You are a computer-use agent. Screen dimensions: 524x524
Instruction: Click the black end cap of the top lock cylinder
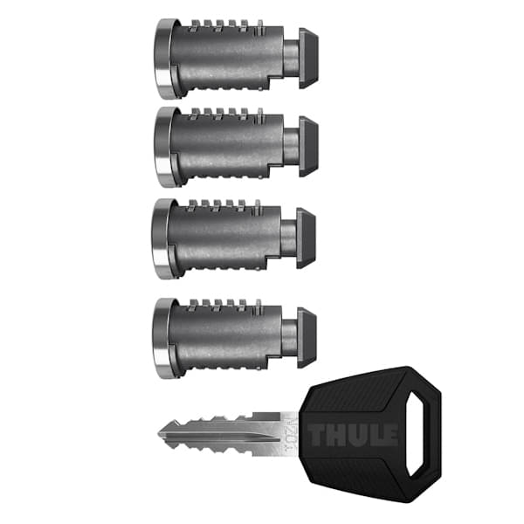pos(308,58)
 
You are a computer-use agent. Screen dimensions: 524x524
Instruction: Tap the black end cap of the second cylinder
pos(308,146)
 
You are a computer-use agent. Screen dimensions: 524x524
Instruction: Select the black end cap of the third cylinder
pos(306,237)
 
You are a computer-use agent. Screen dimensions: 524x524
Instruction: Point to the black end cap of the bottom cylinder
pos(307,336)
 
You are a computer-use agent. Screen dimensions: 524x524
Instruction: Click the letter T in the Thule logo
pos(317,434)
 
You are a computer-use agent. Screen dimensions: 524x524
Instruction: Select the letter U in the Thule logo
pos(358,434)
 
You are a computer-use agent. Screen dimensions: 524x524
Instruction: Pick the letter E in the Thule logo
pos(391,434)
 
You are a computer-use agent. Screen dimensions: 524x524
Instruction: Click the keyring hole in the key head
pos(425,417)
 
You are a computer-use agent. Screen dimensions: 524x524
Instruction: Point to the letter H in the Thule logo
pos(337,434)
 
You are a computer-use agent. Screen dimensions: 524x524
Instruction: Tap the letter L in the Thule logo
pos(376,434)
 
